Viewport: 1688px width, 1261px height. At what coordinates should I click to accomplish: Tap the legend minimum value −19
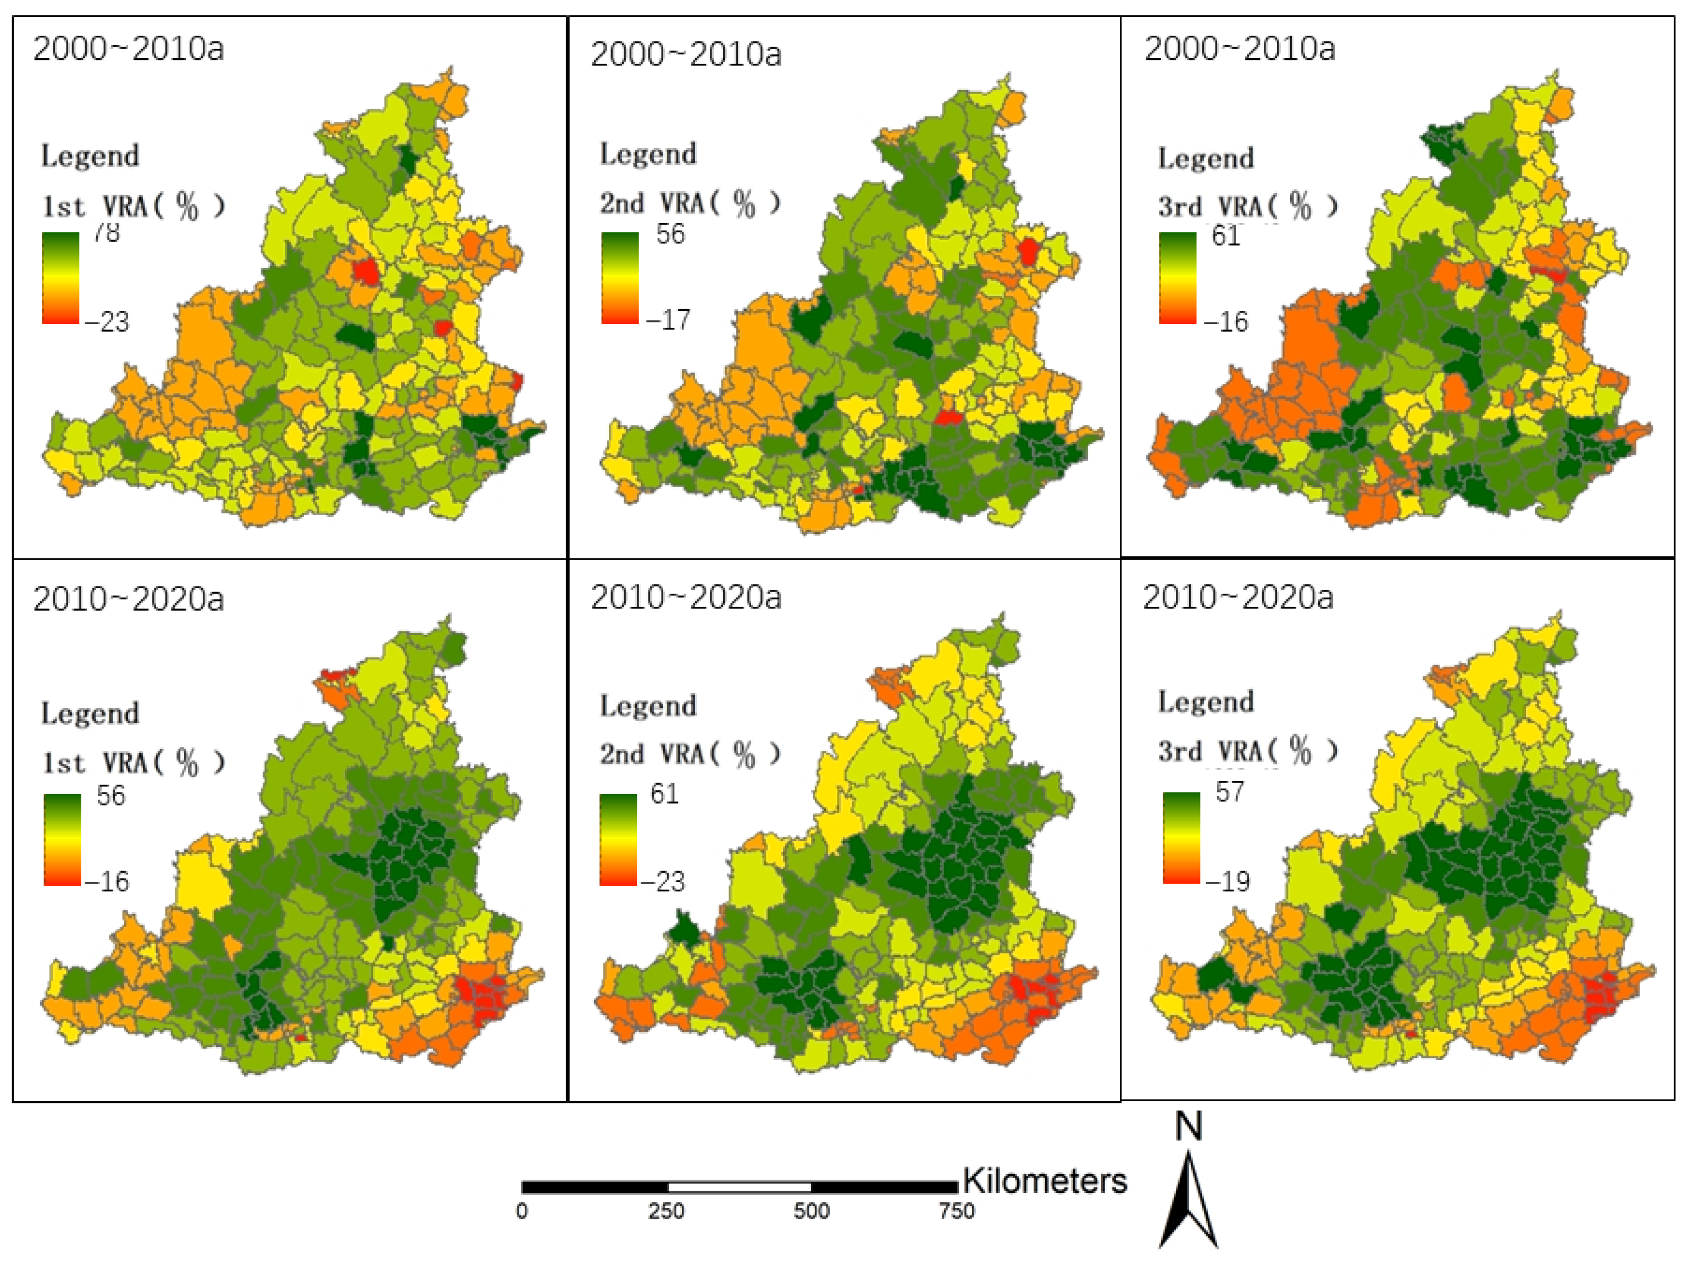click(1228, 882)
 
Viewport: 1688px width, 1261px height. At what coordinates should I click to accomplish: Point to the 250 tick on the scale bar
click(666, 1212)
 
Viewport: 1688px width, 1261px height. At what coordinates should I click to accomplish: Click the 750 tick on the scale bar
click(956, 1212)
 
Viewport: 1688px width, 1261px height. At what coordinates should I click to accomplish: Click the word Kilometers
click(1044, 1181)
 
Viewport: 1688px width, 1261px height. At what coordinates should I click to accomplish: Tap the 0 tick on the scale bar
click(521, 1212)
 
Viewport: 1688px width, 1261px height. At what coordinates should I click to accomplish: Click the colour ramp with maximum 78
click(60, 278)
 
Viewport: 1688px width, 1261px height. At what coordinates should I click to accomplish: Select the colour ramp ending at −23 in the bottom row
click(618, 839)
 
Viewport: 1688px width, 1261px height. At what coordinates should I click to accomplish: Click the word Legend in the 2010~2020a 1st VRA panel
click(90, 713)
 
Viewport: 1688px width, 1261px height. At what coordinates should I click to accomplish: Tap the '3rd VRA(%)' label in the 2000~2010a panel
click(1248, 207)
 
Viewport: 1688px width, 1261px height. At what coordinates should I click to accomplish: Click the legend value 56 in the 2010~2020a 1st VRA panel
click(110, 796)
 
